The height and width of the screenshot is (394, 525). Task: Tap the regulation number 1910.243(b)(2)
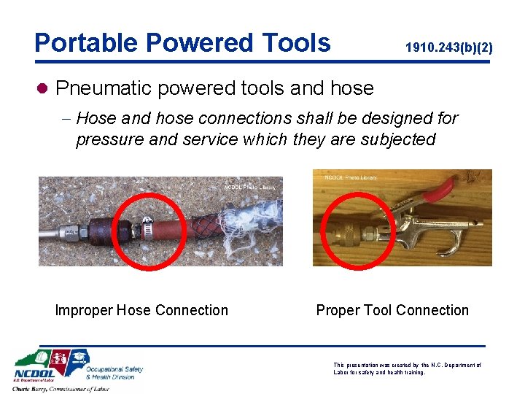pyautogui.click(x=448, y=47)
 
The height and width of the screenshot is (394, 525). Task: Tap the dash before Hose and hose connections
pyautogui.click(x=66, y=118)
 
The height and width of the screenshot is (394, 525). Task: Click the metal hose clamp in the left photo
pyautogui.click(x=149, y=228)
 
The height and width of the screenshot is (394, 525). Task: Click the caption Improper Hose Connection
pyautogui.click(x=141, y=310)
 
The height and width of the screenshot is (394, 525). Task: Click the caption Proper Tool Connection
pyautogui.click(x=392, y=310)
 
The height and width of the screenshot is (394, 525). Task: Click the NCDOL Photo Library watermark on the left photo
pyautogui.click(x=250, y=188)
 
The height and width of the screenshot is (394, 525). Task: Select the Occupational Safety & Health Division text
pyautogui.click(x=115, y=373)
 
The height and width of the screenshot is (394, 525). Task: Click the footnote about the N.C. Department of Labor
pyautogui.click(x=407, y=368)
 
